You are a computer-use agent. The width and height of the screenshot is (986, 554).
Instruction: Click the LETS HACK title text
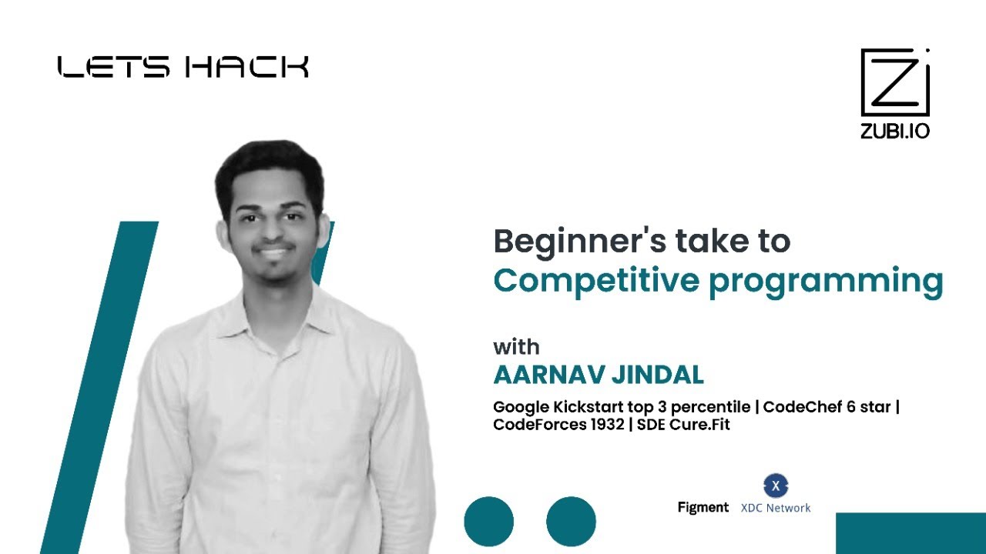click(x=183, y=67)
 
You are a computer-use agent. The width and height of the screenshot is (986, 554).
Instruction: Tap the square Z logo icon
click(x=895, y=83)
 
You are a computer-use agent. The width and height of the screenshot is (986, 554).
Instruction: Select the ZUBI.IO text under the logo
click(x=895, y=131)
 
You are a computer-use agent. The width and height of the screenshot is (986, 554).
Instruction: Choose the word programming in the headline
click(x=825, y=282)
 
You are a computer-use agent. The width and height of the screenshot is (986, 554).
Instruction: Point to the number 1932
click(x=604, y=424)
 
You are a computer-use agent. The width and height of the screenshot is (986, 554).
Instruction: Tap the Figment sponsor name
click(x=703, y=507)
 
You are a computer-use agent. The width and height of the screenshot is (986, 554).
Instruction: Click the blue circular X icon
click(x=776, y=486)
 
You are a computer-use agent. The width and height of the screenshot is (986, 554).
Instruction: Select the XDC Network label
click(x=776, y=508)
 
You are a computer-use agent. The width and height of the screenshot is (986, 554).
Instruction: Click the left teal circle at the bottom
click(x=488, y=522)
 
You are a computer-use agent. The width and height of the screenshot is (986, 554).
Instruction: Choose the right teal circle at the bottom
click(x=571, y=522)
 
